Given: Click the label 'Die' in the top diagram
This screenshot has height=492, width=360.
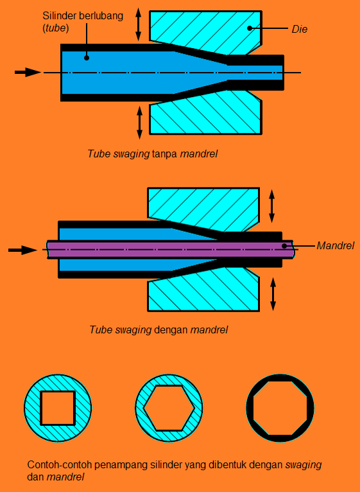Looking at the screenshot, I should click(300, 29).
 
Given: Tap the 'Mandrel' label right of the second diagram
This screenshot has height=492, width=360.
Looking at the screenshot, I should click(335, 245).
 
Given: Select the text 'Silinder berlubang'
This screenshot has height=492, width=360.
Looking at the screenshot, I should click(83, 15).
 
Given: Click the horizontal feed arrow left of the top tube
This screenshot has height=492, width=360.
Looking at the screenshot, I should click(28, 73).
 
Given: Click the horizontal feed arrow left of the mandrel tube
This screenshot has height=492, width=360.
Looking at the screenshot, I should click(22, 250).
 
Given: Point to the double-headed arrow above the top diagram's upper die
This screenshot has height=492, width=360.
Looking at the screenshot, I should click(138, 24).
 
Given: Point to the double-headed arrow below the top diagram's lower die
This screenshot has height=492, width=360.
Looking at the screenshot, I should click(139, 122).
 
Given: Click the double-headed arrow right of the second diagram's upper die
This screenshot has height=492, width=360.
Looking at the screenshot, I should click(272, 206).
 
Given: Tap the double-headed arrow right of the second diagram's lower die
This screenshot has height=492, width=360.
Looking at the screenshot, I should click(273, 294).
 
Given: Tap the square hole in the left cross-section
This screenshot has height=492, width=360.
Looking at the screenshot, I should click(58, 407).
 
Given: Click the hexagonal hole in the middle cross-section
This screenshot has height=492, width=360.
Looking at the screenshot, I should click(169, 408).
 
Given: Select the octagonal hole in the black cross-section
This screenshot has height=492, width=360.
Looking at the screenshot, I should click(280, 407).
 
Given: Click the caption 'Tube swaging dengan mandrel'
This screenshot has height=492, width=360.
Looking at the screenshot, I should click(159, 330).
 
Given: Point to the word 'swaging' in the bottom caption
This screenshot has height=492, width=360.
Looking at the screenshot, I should click(304, 464).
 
